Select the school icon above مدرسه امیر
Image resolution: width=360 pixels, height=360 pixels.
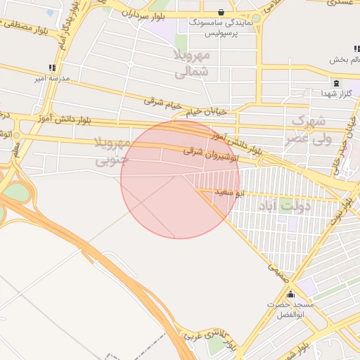pyautogui.click(x=51, y=67)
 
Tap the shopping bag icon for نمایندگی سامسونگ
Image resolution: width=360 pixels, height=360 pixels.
pyautogui.click(x=221, y=12)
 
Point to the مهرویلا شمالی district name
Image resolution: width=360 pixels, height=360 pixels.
pyautogui.click(x=191, y=63)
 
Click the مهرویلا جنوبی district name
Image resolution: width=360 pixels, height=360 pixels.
pyautogui.click(x=112, y=152)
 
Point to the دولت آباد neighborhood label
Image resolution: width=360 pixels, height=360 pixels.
pyautogui.click(x=284, y=207)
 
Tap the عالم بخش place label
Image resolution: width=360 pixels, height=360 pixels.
pyautogui.click(x=344, y=60)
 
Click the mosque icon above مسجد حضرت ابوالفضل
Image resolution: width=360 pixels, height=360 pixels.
pyautogui.click(x=290, y=294)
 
